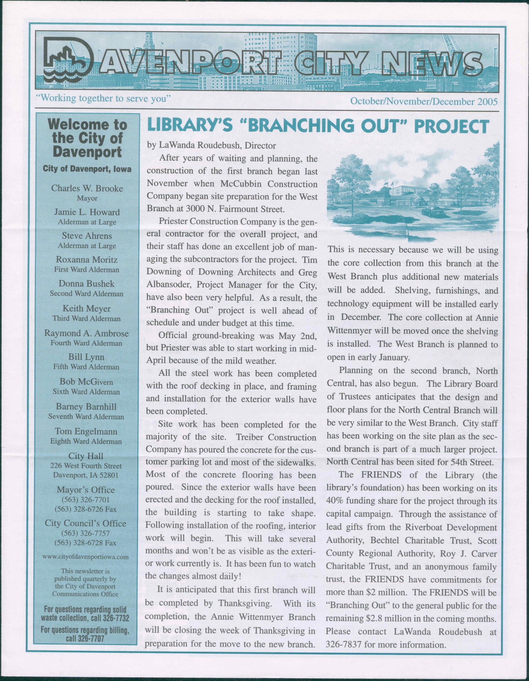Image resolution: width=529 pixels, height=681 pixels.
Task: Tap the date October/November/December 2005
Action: point(424,102)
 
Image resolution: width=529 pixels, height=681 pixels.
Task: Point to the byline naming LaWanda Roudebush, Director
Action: point(211,145)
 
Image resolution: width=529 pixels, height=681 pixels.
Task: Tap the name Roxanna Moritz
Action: point(87,259)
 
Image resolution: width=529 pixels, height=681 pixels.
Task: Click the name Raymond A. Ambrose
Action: point(86,333)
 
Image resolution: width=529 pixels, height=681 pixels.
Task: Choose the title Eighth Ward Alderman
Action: point(86,442)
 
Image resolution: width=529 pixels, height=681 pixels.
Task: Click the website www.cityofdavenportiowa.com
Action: point(86,557)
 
